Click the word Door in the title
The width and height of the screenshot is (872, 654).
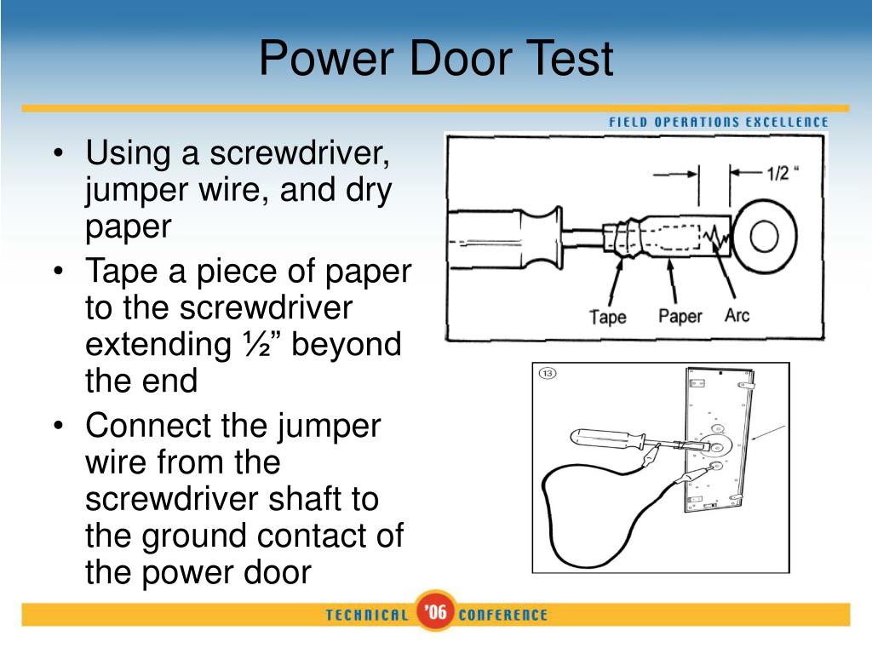point(435,60)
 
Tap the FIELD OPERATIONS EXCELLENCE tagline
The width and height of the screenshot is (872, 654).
point(718,122)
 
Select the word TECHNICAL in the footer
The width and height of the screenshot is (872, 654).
point(367,615)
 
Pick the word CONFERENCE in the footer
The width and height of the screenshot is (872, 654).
point(503,615)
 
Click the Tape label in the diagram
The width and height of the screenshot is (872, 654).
point(608,317)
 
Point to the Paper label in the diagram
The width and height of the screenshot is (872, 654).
point(680,316)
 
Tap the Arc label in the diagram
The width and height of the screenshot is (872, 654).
point(737,315)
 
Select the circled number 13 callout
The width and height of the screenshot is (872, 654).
point(548,374)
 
